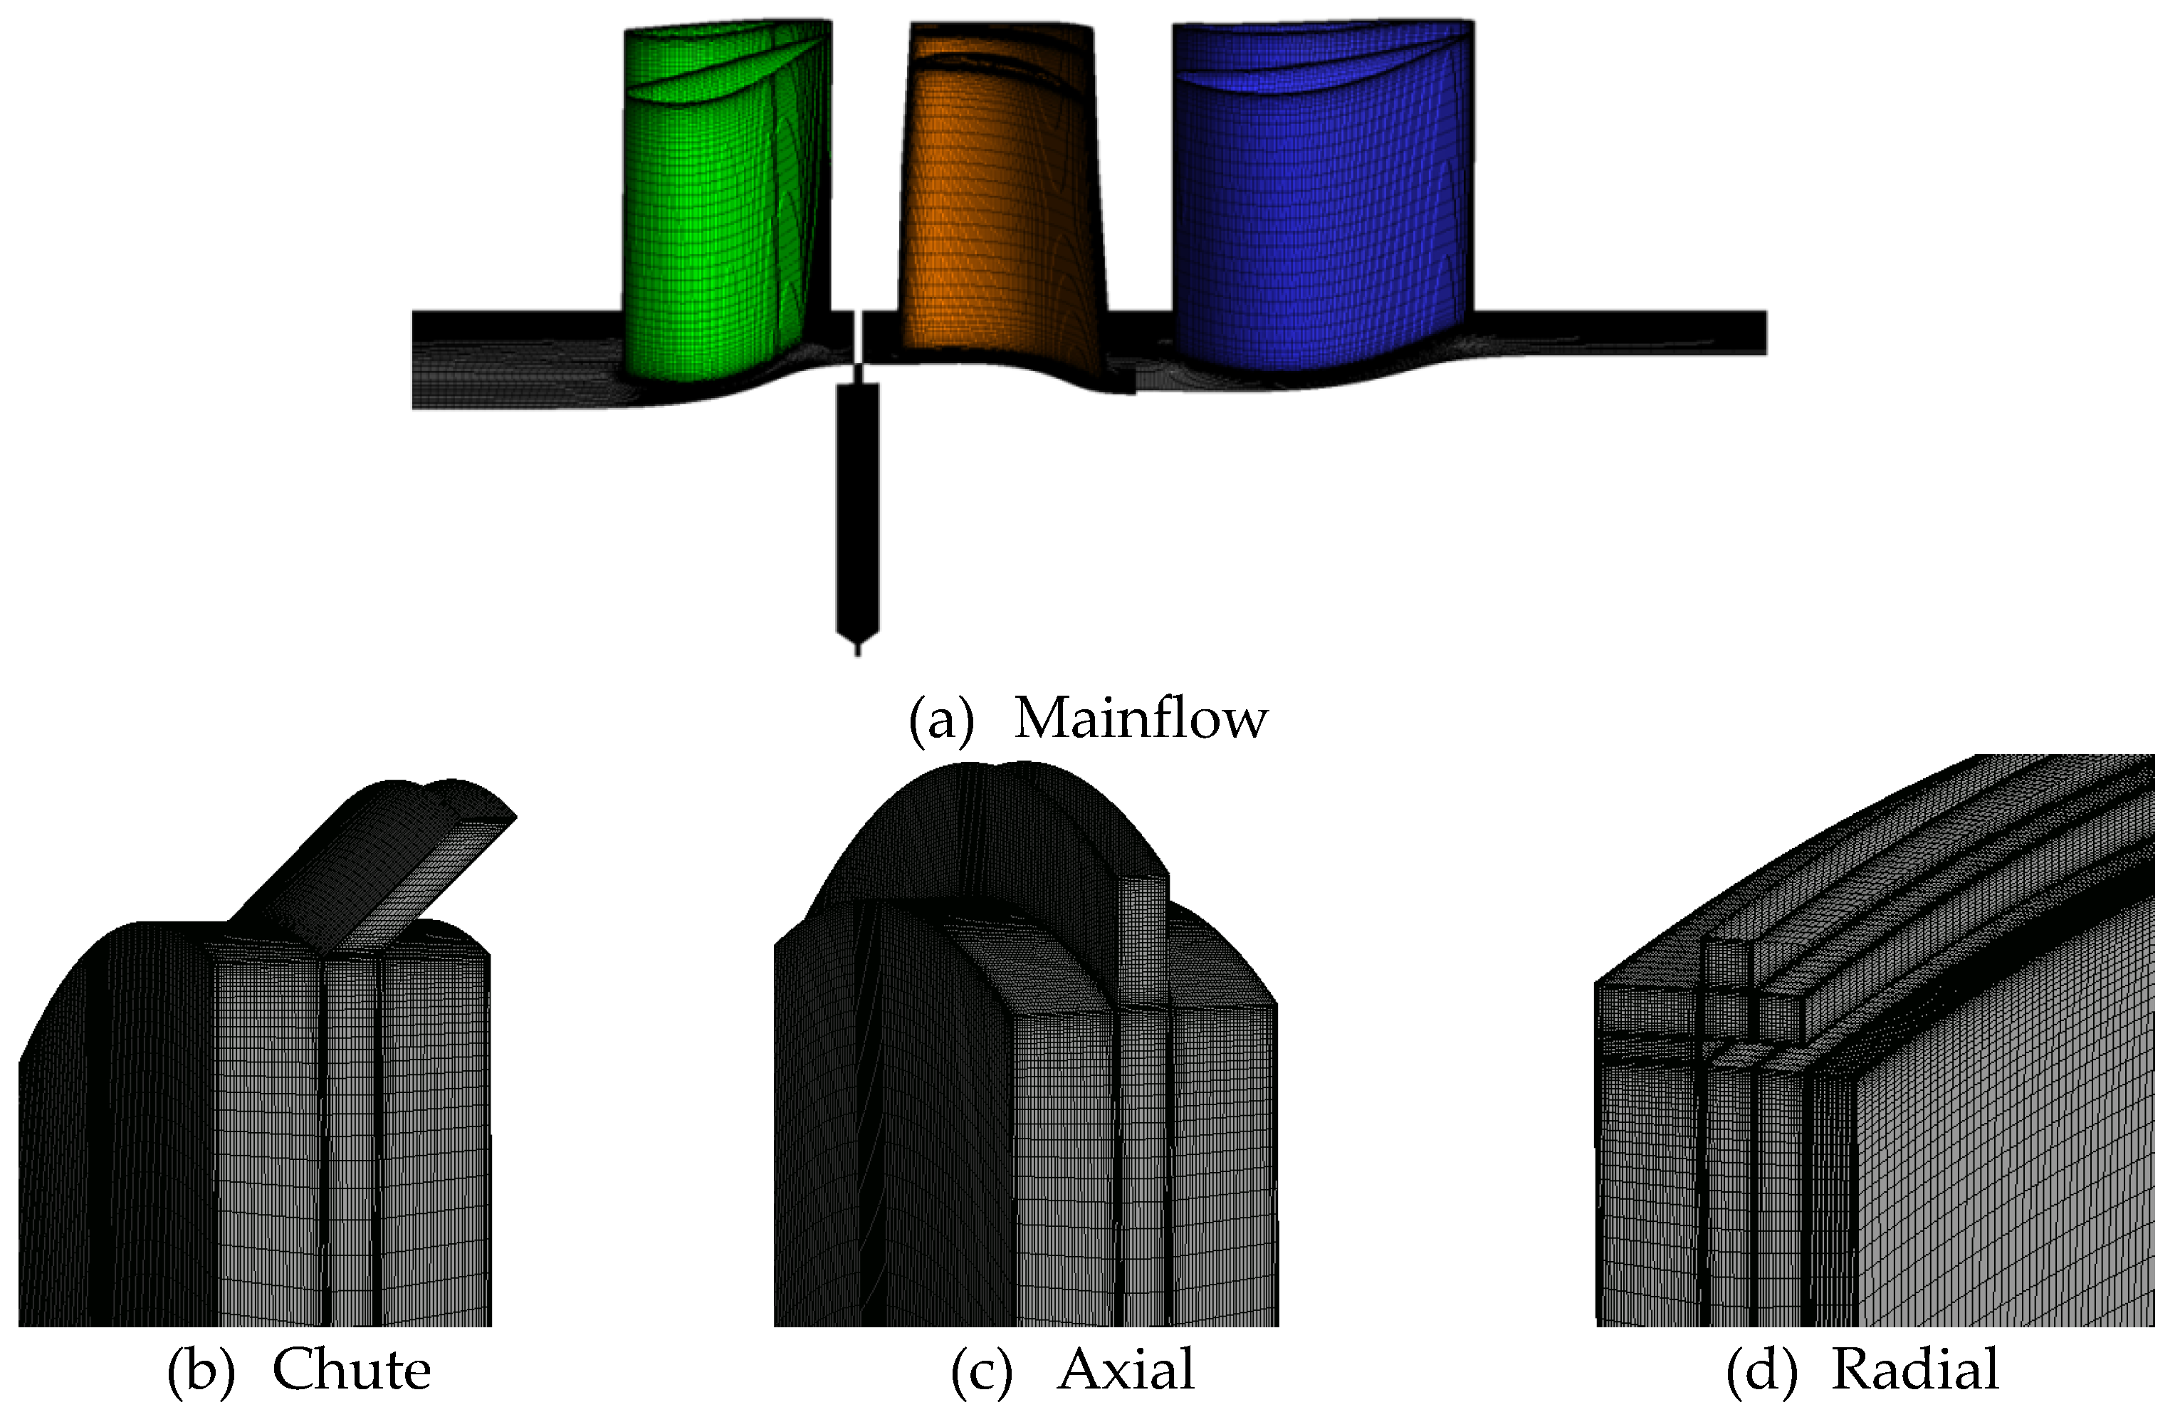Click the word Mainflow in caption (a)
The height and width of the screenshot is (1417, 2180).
pyautogui.click(x=1141, y=719)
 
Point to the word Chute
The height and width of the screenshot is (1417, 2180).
pyautogui.click(x=352, y=1371)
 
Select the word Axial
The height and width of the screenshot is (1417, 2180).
pyautogui.click(x=1126, y=1371)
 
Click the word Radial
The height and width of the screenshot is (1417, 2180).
pyautogui.click(x=1914, y=1371)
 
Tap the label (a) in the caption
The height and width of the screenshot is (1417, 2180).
pyautogui.click(x=940, y=719)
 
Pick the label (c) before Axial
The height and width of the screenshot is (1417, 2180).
pyautogui.click(x=982, y=1371)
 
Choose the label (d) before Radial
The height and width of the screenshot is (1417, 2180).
pyautogui.click(x=1761, y=1371)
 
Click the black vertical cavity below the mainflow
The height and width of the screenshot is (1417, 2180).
pyautogui.click(x=857, y=503)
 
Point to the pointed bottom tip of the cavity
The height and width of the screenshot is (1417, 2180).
pyautogui.click(x=857, y=649)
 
